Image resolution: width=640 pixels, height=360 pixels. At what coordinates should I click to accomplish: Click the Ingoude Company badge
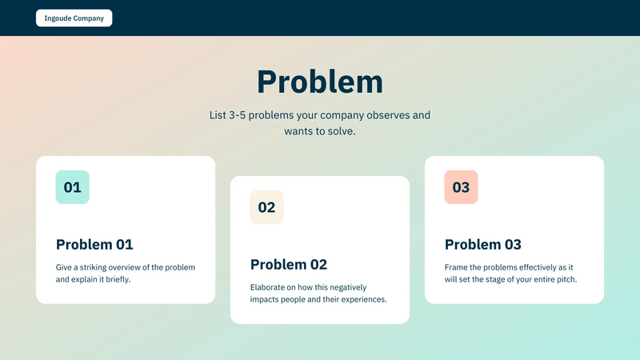tap(74, 18)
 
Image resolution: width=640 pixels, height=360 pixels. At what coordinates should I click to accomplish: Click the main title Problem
tap(319, 82)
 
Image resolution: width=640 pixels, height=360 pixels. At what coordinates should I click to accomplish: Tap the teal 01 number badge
tap(72, 187)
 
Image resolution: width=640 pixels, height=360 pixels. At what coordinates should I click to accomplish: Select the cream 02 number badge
tap(266, 207)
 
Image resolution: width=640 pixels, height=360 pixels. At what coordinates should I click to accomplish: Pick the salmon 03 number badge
tap(461, 187)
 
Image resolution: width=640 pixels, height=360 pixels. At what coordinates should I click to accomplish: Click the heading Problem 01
tap(94, 245)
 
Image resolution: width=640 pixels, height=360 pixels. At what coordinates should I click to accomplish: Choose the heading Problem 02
tap(289, 265)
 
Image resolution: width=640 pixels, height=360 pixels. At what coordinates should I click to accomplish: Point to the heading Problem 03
tap(483, 245)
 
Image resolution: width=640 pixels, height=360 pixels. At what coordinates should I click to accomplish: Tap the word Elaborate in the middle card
tap(270, 287)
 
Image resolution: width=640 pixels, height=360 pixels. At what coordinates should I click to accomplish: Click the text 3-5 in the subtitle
tap(238, 115)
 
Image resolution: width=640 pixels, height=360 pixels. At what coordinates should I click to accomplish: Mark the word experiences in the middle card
tap(363, 300)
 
